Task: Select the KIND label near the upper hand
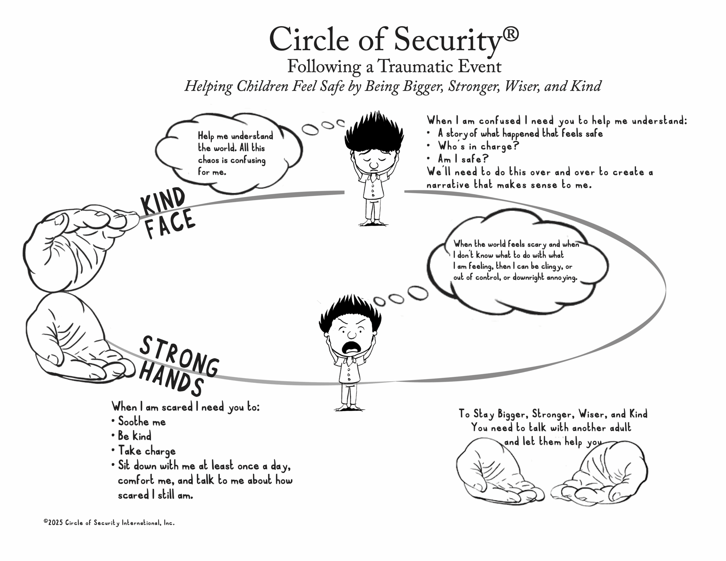(x=162, y=201)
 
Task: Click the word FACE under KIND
(x=170, y=223)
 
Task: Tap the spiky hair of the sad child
(x=374, y=130)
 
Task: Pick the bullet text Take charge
(x=147, y=451)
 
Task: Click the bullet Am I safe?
(x=463, y=159)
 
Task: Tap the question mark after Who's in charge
(x=516, y=146)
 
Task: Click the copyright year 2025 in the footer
(x=55, y=522)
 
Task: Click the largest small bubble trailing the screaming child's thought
(x=418, y=293)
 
